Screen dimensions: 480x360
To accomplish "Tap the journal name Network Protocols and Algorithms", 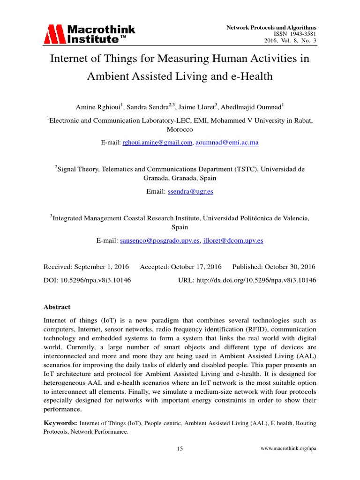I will [x=271, y=28].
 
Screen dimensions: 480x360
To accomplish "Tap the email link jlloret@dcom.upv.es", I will [x=232, y=240].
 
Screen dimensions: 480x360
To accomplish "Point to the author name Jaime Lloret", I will [x=195, y=106].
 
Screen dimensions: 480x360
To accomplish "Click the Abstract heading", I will [x=57, y=307].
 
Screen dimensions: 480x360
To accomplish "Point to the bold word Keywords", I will [x=60, y=423].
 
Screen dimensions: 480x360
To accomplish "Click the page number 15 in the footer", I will [x=180, y=449].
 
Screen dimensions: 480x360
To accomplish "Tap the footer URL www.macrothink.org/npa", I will [x=288, y=449].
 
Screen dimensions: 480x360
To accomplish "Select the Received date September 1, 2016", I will [x=101, y=267].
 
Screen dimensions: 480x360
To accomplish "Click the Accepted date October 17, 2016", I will [x=196, y=267].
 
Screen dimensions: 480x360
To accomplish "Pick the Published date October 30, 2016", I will [x=290, y=267].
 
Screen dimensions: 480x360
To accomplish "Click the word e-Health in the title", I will [x=251, y=76].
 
